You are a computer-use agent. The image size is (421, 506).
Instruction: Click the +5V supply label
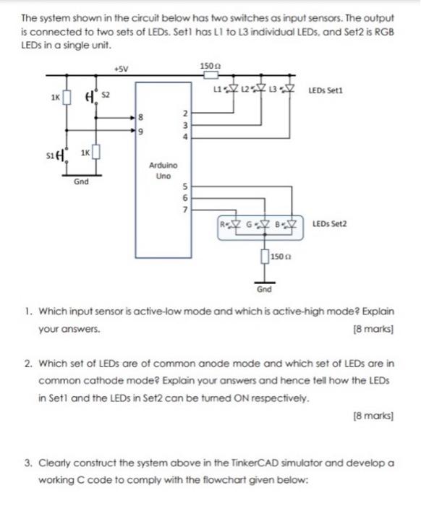point(119,69)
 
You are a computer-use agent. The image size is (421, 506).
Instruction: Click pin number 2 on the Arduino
point(184,113)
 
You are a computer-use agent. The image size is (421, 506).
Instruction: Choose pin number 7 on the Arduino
point(184,210)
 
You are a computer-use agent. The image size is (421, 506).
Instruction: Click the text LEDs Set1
point(326,91)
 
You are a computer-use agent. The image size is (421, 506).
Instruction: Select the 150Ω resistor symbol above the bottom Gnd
point(263,256)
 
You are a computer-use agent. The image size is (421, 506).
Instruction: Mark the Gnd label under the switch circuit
point(81,182)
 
